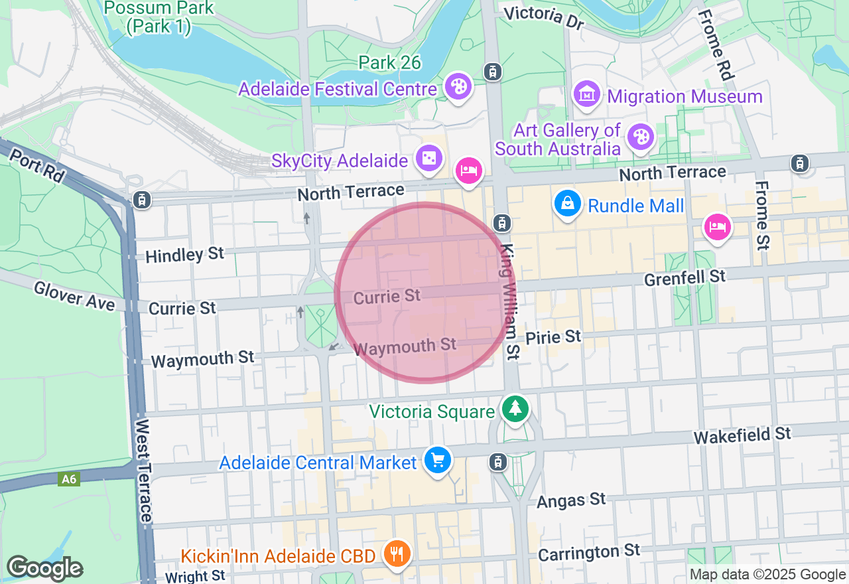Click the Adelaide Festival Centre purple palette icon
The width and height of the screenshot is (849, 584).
[458, 87]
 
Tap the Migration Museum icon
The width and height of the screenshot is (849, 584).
[588, 95]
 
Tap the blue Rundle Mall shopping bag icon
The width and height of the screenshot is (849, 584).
[568, 203]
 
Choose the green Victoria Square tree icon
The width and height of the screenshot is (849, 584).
[515, 408]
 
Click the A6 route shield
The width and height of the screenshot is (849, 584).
[69, 479]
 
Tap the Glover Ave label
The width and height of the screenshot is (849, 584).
[74, 295]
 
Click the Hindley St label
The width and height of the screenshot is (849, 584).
[184, 255]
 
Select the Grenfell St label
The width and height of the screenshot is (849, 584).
[685, 277]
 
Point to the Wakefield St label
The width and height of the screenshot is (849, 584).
[742, 435]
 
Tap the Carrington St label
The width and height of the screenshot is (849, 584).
[588, 551]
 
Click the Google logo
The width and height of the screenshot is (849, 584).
[44, 569]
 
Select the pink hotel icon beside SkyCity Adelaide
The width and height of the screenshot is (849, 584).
[469, 171]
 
